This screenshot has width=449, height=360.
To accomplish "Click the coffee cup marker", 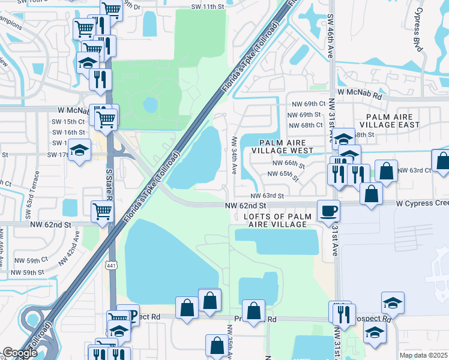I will coord(328,211).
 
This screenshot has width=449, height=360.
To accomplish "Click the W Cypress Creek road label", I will coord(422,203).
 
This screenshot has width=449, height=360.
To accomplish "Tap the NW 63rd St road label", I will coord(267,196).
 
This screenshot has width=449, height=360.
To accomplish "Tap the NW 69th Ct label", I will coord(306,103).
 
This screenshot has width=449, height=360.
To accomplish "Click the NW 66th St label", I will coord(289,163).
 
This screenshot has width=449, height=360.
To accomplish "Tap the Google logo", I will coord(20,353).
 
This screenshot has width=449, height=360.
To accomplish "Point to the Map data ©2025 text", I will coord(424,355).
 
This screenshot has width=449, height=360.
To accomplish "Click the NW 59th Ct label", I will coord(31,260).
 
